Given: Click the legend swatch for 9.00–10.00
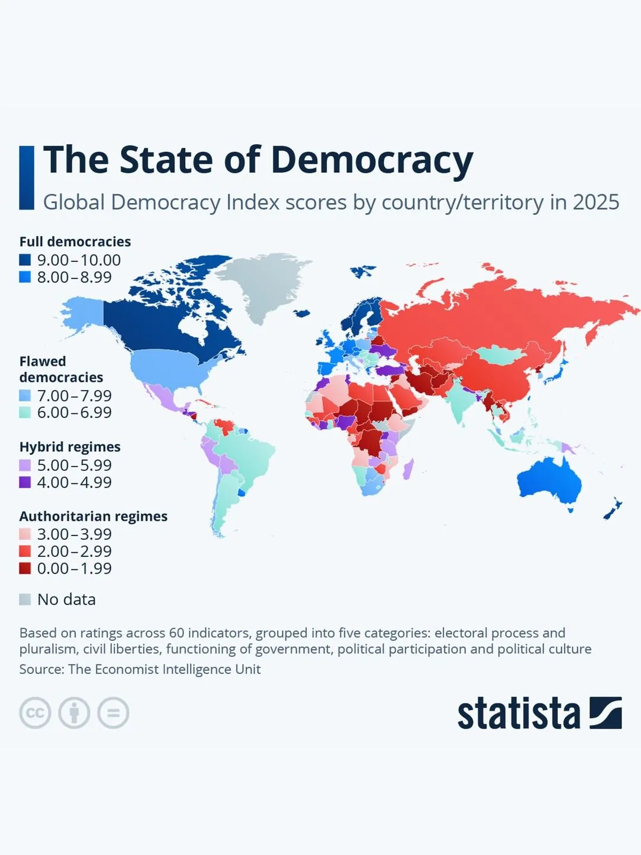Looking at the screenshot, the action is [25, 260].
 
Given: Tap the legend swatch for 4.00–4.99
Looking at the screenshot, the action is [25, 482].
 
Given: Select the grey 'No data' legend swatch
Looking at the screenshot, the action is [25, 599].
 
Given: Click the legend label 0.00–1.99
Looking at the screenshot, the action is [74, 568].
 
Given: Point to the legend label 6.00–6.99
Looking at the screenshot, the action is [74, 412].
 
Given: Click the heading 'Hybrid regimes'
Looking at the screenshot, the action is [70, 446].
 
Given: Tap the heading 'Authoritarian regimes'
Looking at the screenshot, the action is [93, 516].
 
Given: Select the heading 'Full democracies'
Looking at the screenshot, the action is [75, 242].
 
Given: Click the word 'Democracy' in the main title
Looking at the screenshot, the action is [372, 160].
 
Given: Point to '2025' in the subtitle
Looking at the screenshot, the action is [596, 202].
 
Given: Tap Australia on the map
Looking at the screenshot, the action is [550, 482].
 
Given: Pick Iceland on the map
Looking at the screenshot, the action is [302, 313].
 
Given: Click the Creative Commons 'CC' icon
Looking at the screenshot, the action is [35, 713].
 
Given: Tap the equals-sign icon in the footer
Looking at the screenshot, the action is [113, 713].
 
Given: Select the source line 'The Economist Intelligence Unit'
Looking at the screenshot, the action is [164, 669].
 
